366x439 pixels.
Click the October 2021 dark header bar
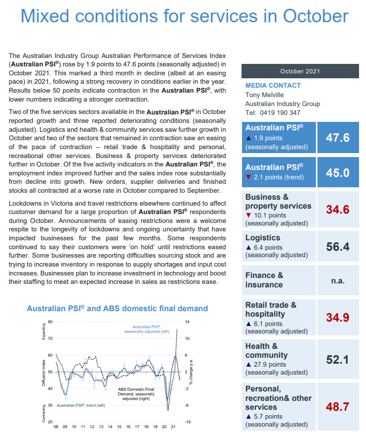point(300,71)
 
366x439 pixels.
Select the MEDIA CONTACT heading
point(273,85)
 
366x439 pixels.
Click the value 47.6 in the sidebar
point(337,137)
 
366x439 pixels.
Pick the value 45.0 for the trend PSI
point(337,172)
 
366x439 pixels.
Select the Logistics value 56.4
point(337,246)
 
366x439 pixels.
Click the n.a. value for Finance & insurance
point(337,280)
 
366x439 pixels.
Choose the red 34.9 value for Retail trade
point(337,317)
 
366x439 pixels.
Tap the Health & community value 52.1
point(337,359)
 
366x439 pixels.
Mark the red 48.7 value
point(337,407)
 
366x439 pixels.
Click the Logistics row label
point(263,238)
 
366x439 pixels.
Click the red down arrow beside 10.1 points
point(248,216)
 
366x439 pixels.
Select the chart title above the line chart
point(117,308)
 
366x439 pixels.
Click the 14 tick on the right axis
point(186,322)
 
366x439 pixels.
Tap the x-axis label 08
point(56,426)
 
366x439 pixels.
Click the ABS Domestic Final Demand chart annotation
point(136,393)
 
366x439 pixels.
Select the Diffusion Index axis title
point(44,372)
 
